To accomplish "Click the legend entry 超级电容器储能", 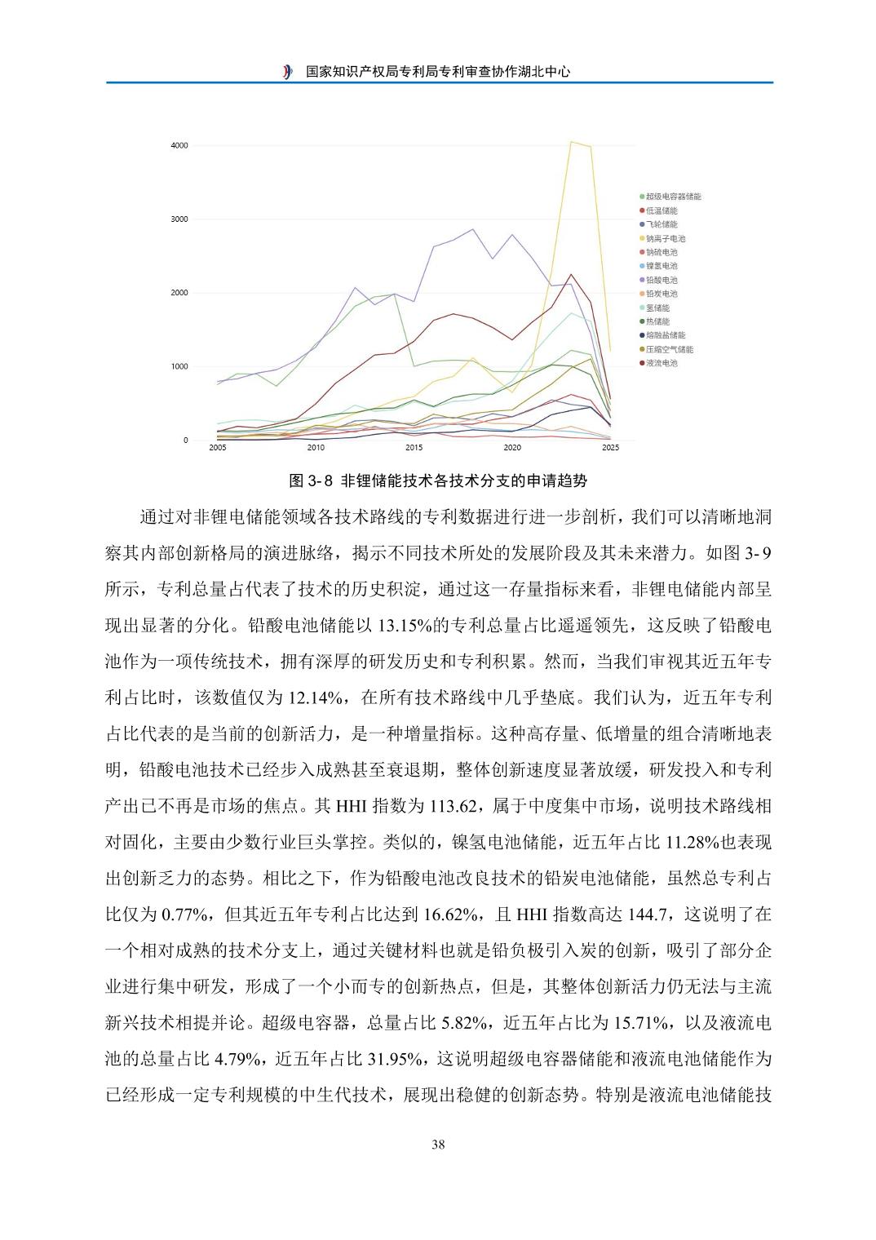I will [673, 197].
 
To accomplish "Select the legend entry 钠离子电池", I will [666, 238].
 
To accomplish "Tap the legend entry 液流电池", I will [661, 363].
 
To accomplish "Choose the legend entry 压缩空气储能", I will [669, 349].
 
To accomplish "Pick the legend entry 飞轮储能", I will [661, 224].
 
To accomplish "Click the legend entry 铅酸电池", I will [661, 280].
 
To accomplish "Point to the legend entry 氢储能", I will [657, 308].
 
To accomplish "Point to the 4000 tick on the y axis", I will [179, 145].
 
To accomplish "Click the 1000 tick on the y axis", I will [179, 366].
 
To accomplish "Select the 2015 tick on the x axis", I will [414, 448].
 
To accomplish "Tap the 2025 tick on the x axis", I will [610, 448].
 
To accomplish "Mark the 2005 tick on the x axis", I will [218, 448].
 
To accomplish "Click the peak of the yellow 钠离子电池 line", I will [571, 142].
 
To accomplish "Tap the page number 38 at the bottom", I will [438, 1145].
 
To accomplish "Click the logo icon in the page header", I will [287, 72].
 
